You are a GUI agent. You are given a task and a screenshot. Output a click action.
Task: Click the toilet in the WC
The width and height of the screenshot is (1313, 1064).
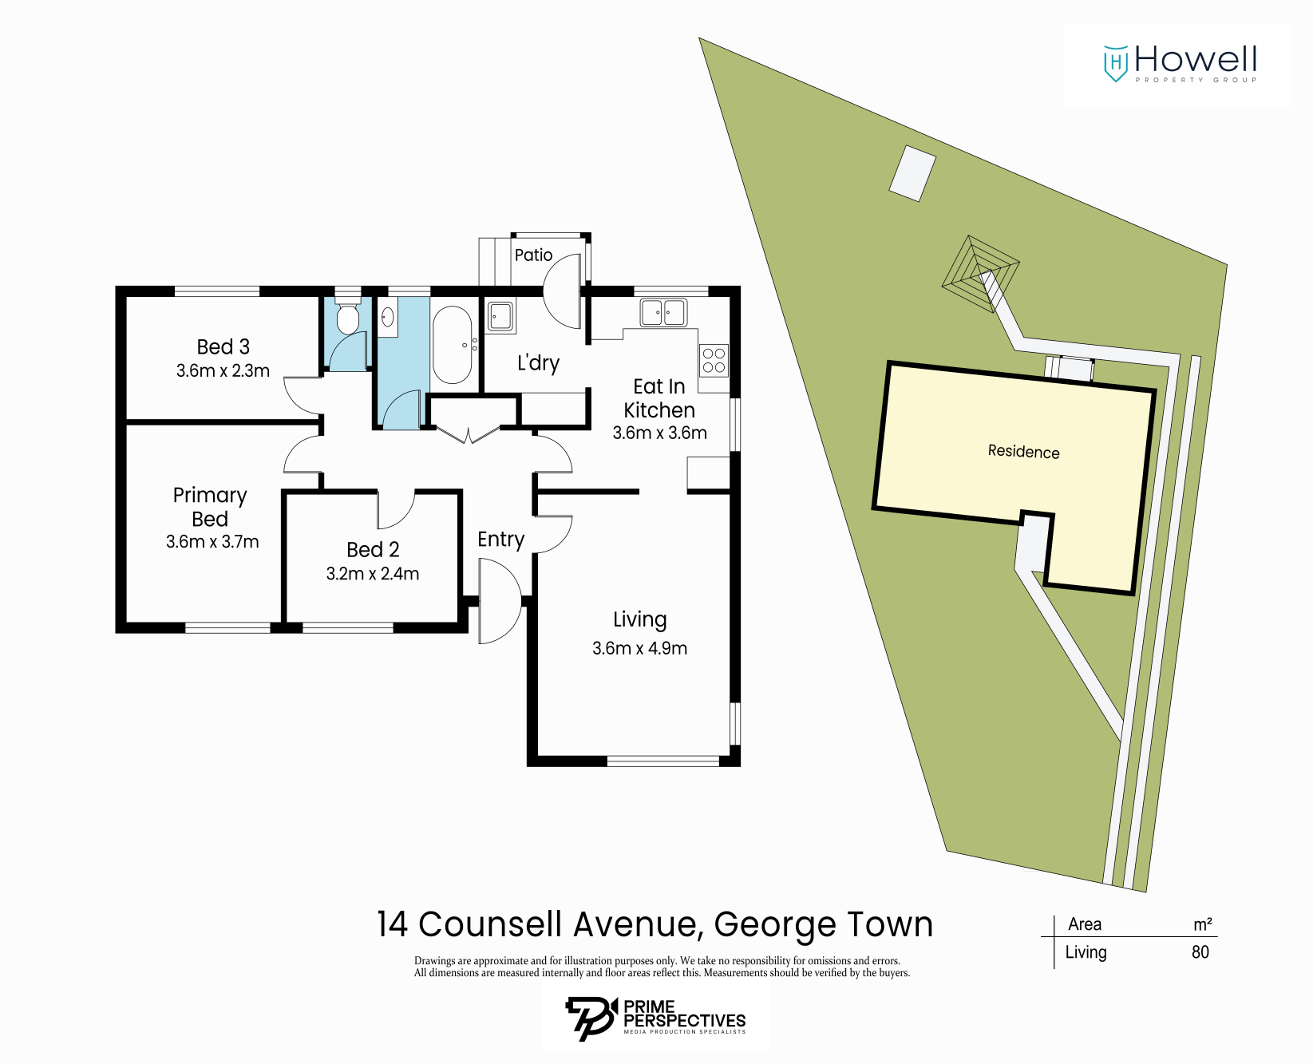[347, 318]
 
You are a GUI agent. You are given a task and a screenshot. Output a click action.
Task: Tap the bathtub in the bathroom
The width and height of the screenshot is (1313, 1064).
[453, 345]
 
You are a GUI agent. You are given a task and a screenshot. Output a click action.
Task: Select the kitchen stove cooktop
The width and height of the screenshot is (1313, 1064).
[714, 360]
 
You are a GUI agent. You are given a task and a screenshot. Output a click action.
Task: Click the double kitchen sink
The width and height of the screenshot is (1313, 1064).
[663, 312]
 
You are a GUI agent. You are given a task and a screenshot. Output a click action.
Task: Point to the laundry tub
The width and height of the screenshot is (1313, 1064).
[500, 316]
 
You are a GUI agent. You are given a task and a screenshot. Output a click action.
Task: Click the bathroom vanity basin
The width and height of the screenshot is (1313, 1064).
[388, 317]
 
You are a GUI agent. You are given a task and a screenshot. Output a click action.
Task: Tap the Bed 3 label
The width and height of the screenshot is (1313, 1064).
[223, 346]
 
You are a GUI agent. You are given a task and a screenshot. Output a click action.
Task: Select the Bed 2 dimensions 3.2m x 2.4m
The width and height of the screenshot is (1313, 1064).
[373, 573]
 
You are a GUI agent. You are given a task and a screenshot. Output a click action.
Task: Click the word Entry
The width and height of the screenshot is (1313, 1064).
[500, 540]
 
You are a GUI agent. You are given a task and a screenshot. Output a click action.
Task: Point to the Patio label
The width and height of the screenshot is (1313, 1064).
[533, 255]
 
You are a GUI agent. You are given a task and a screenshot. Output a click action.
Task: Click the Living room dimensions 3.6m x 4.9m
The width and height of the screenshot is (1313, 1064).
[639, 648]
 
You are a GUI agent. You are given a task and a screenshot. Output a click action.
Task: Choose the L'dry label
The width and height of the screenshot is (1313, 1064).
[538, 363]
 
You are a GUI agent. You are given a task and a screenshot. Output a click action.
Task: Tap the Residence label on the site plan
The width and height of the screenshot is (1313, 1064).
[1023, 452]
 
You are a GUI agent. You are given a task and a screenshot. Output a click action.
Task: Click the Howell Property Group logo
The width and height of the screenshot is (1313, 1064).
[1179, 64]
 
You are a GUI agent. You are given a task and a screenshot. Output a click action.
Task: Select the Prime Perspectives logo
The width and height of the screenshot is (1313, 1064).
[655, 1019]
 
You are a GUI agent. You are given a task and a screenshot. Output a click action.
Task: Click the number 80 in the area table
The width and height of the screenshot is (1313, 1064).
[1200, 951]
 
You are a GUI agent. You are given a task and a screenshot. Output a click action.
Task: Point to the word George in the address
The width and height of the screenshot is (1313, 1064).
[774, 925]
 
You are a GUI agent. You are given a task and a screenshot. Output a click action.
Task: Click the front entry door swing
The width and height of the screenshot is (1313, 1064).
[500, 601]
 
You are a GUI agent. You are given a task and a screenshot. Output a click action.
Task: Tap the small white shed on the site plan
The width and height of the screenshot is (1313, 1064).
[912, 173]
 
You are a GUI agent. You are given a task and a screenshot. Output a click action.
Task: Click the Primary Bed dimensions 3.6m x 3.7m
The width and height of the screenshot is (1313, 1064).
[212, 541]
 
